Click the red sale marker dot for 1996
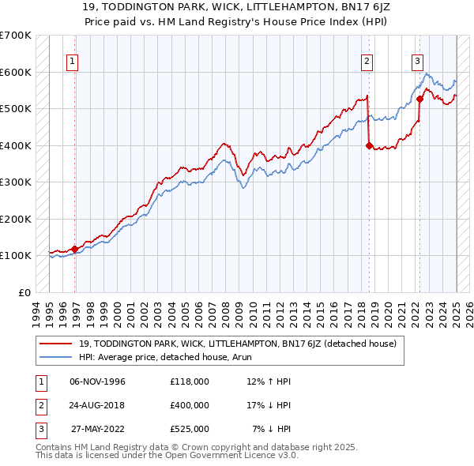(x=75, y=249)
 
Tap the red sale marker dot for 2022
(x=419, y=100)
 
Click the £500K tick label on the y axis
(x=16, y=109)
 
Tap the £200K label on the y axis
(x=16, y=219)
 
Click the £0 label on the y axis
(x=24, y=292)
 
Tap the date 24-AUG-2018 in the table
(x=97, y=404)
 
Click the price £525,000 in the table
(x=189, y=428)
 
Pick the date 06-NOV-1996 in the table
(x=97, y=381)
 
